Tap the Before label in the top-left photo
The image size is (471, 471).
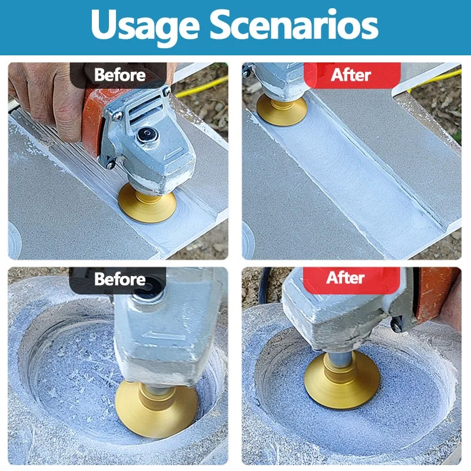[x=120, y=75]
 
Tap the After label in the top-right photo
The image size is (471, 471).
[x=351, y=75]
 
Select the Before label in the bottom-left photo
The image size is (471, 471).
[x=120, y=279]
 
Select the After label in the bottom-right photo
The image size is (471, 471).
[x=346, y=277]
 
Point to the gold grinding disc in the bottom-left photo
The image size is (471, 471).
[x=156, y=410]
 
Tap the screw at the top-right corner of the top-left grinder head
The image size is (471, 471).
[x=167, y=91]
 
